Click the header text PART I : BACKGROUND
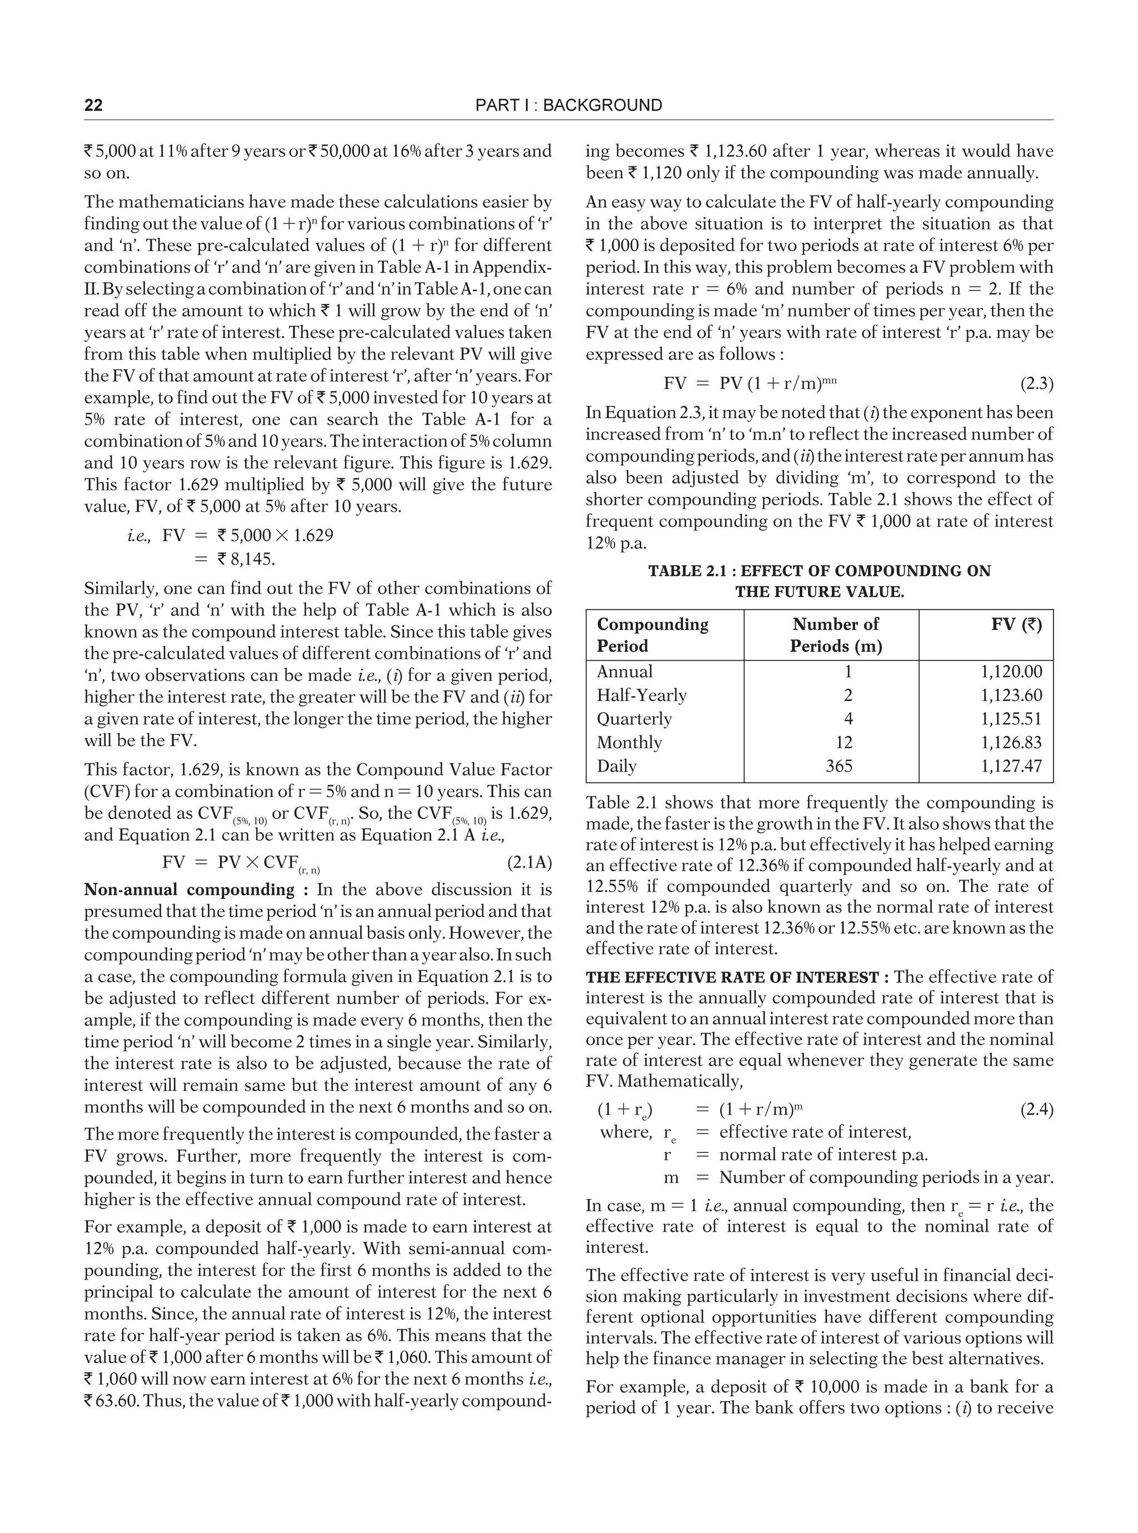568,106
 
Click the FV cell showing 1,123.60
1011,695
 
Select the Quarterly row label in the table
634,719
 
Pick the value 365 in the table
838,765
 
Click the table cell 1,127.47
1011,765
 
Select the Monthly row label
629,742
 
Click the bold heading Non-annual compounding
189,889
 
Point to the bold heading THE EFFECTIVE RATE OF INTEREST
732,977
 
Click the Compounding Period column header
652,635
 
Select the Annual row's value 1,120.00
1011,672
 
